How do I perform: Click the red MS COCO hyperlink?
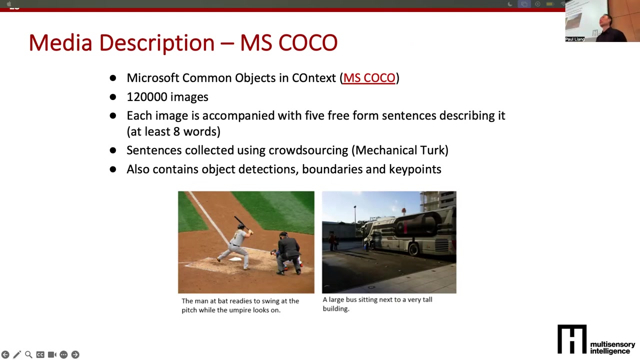coord(369,78)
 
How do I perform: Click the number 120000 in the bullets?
coord(147,97)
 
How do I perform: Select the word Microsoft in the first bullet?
coord(153,78)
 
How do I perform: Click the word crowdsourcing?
coord(308,151)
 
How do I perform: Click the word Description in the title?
coord(156,43)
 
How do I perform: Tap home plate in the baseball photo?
coord(235,259)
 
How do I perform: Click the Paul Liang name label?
coord(575,39)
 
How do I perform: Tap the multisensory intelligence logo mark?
coord(572,339)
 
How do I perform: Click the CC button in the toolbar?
coord(40,354)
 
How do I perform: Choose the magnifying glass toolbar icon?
coord(28,354)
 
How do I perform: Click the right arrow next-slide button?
coord(75,354)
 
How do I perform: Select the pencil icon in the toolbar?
coord(17,354)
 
